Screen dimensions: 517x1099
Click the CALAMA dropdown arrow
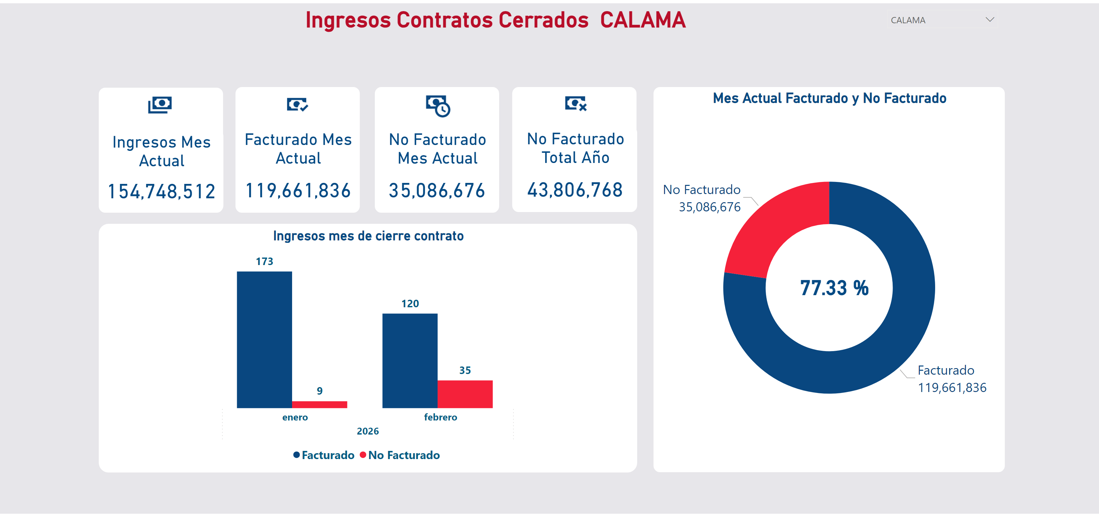tap(990, 20)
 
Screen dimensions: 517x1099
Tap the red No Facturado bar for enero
tap(319, 404)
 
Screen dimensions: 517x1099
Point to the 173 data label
tap(265, 261)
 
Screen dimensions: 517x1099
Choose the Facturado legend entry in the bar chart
tap(324, 455)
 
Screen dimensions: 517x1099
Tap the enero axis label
tap(295, 417)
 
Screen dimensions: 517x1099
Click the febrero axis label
tap(440, 417)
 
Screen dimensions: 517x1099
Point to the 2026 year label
tap(368, 431)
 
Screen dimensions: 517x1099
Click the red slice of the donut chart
tap(772, 231)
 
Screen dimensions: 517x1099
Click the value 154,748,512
tap(161, 191)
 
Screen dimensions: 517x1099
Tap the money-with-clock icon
tap(438, 105)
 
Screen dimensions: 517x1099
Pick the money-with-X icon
tap(576, 103)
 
